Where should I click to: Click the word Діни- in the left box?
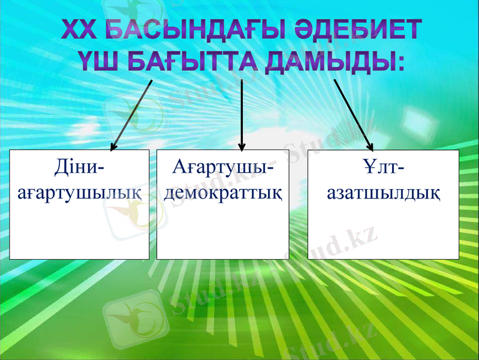79,167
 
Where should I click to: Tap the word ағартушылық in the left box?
79,192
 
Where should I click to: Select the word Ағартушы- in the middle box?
222,167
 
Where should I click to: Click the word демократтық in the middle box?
222,192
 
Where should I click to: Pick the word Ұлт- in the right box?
383,167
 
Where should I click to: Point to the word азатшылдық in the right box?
383,192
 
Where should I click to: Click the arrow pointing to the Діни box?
132,114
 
